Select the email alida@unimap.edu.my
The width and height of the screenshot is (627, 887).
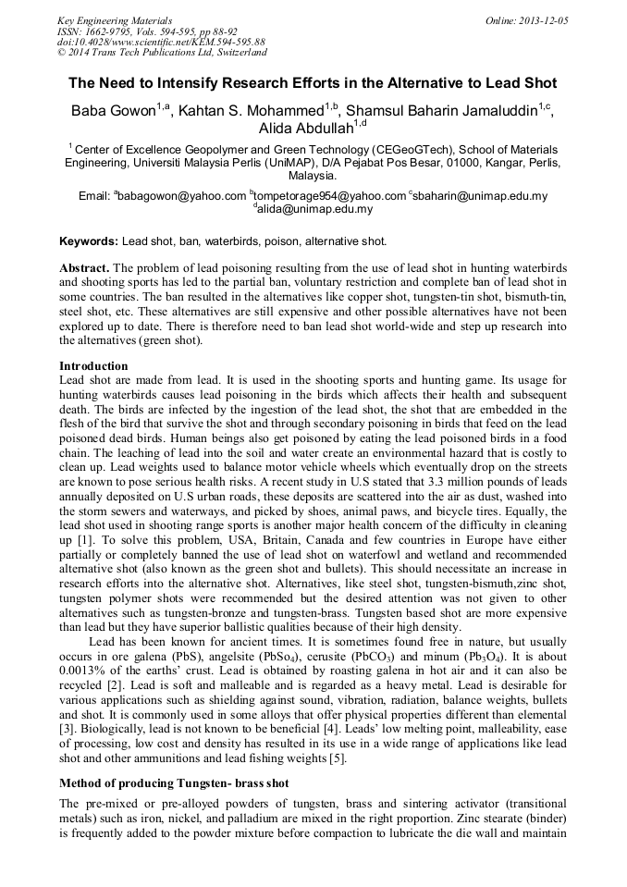[315, 209]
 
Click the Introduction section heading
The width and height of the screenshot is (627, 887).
[93, 366]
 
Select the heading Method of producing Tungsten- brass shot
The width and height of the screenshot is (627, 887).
[174, 783]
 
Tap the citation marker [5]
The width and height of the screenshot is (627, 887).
[338, 759]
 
